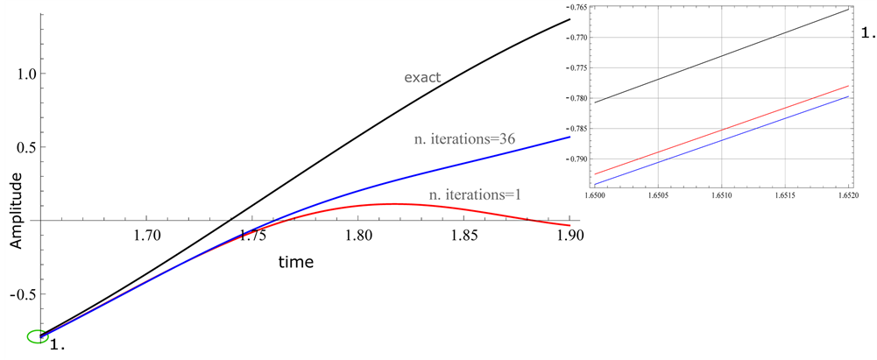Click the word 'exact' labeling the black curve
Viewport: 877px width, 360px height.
click(x=421, y=78)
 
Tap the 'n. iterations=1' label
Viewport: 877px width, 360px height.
click(x=475, y=194)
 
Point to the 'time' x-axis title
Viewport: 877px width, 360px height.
click(x=296, y=261)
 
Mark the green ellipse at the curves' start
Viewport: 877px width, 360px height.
click(x=38, y=336)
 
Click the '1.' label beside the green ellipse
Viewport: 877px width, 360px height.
click(x=59, y=345)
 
